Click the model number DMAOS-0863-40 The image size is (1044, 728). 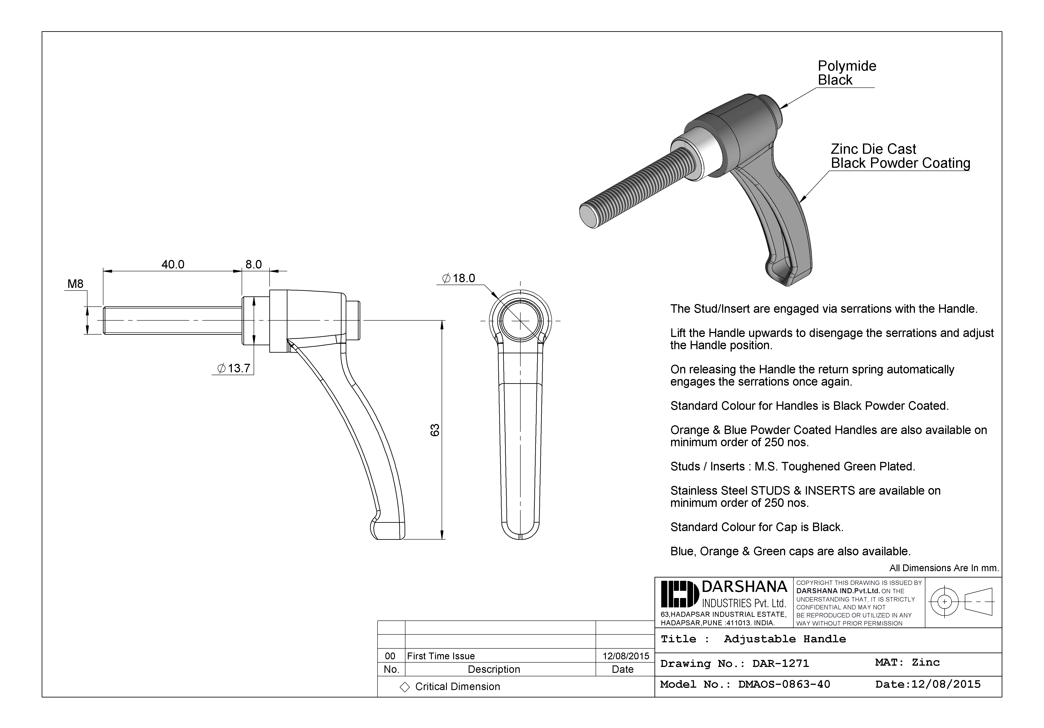pyautogui.click(x=784, y=684)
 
